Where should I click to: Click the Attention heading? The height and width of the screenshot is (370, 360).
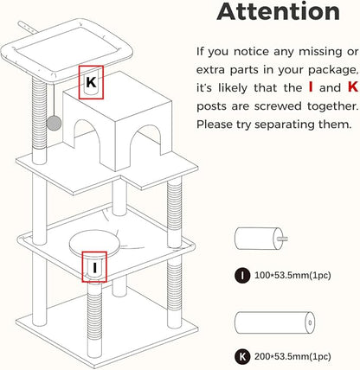(278, 11)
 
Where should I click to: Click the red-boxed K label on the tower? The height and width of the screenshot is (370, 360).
(91, 82)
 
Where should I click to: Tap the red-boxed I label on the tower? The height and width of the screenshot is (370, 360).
(94, 267)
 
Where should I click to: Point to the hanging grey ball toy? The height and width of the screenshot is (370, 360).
(54, 124)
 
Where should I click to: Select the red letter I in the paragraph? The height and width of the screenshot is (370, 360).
(311, 87)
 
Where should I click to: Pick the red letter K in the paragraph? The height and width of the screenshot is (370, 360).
(353, 87)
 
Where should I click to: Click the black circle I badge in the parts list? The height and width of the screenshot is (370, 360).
(242, 276)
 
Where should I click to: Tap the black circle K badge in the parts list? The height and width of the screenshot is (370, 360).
(242, 357)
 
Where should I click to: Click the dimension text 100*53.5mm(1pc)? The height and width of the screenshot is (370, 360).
(292, 276)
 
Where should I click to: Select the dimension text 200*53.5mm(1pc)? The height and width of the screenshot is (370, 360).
(292, 357)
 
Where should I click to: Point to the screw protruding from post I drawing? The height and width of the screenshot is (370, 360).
(282, 239)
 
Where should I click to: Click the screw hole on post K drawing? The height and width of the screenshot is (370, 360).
(310, 322)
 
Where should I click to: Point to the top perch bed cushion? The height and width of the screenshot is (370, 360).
(67, 50)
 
